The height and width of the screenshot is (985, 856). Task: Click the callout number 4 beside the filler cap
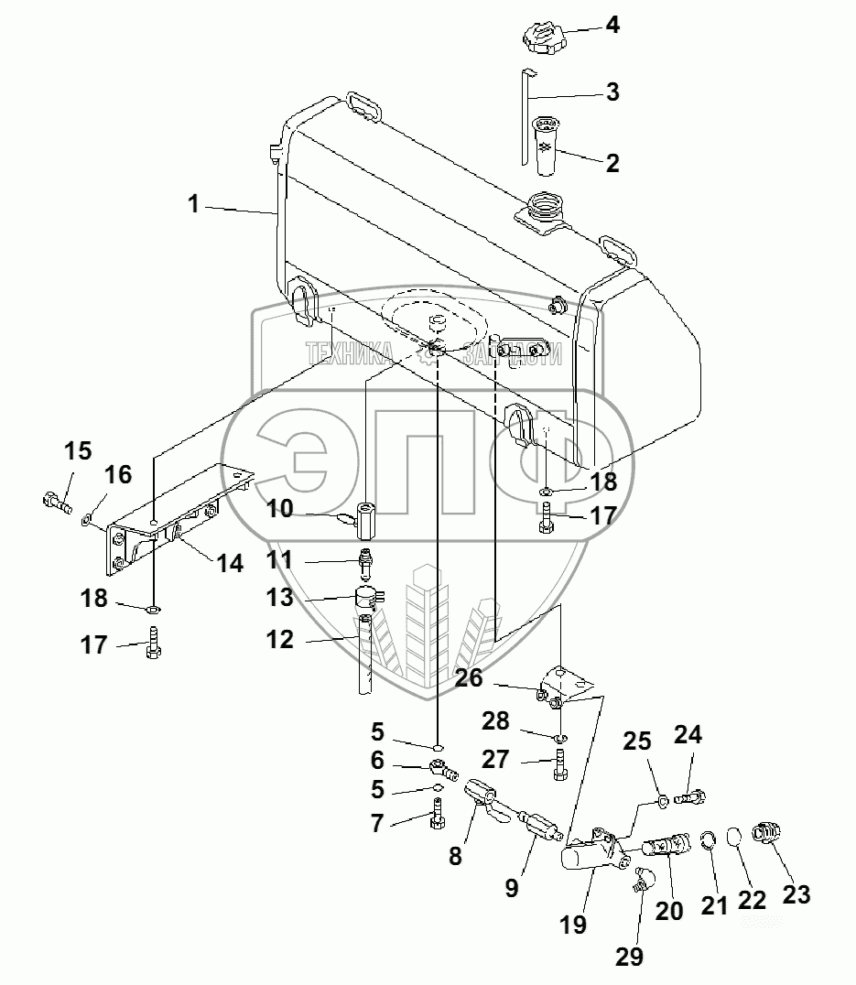(x=612, y=25)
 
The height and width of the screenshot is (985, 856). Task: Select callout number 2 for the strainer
(x=612, y=163)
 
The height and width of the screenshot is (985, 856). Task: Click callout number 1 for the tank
(x=193, y=204)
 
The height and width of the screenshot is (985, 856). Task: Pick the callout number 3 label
(x=612, y=92)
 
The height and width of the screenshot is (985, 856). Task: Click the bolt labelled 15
(x=56, y=501)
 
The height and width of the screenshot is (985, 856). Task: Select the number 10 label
(x=281, y=508)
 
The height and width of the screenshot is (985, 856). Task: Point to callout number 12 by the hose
(x=281, y=640)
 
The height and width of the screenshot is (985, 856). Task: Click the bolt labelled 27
(x=560, y=765)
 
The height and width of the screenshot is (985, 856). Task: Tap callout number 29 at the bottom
(x=629, y=956)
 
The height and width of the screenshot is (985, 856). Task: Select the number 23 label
(x=796, y=894)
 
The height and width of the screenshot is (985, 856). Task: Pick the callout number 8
(x=455, y=856)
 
